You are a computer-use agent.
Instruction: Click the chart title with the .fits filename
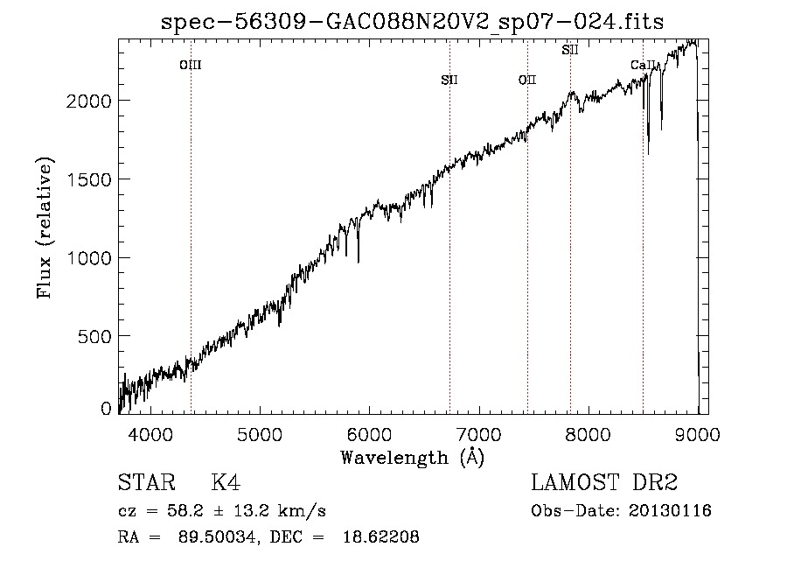pos(412,22)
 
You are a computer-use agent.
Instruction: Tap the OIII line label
pos(191,65)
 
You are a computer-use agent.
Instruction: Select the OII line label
pos(527,80)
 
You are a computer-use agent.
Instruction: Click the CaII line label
pos(643,65)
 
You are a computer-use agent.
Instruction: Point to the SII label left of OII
pos(449,80)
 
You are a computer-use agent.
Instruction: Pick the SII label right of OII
pos(569,50)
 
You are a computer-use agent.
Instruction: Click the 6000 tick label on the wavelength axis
pos(369,434)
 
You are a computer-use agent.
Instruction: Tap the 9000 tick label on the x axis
pos(697,434)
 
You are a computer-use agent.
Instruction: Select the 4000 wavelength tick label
pos(150,434)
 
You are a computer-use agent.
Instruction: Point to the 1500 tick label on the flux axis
pos(89,179)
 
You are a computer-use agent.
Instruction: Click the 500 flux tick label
pos(94,336)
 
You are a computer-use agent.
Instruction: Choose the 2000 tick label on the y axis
pos(89,102)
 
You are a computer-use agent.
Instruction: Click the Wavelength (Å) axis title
pos(413,458)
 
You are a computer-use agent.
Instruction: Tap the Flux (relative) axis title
pos(45,228)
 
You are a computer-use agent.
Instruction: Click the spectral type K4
pos(226,482)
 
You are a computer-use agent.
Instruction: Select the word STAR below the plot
pos(146,482)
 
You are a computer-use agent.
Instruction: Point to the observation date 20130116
pos(670,511)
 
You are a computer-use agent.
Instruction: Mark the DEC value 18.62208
pos(381,536)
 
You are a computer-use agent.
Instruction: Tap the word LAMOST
pos(575,482)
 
